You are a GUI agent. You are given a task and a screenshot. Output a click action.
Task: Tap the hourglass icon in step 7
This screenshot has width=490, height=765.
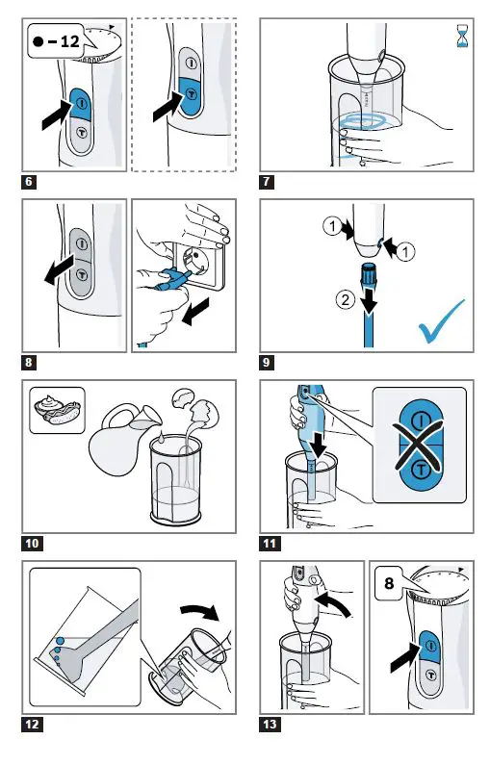(x=462, y=38)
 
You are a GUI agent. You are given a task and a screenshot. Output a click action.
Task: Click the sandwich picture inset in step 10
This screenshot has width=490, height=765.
(x=56, y=407)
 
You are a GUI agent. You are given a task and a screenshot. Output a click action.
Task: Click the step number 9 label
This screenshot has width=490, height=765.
(x=270, y=363)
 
